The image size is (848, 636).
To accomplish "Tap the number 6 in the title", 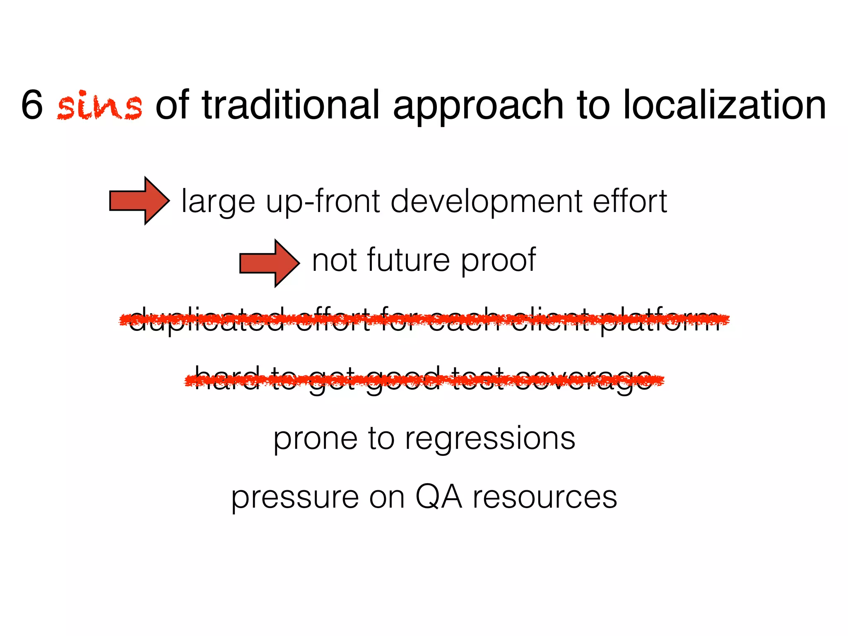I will point(32,105).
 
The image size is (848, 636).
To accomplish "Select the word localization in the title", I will point(724,105).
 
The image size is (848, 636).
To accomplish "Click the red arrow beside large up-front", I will point(139,201).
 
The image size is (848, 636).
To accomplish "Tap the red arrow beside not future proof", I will point(270,263).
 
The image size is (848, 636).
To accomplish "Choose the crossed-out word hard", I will point(227,378).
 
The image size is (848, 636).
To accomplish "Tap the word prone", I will point(315,439).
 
